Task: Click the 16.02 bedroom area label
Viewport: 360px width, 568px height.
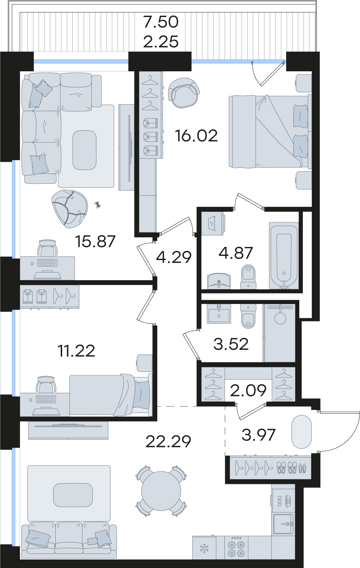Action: tap(196, 136)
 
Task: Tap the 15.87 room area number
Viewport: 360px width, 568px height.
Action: tap(96, 241)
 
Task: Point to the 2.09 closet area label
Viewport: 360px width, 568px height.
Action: tap(248, 391)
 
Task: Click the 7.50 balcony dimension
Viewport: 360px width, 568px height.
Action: tap(161, 22)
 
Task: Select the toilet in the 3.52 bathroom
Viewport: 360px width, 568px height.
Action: tap(248, 316)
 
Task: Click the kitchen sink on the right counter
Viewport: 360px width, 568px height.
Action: tap(283, 523)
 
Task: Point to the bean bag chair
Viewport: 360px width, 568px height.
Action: tap(70, 209)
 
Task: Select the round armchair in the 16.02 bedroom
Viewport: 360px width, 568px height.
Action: tap(184, 92)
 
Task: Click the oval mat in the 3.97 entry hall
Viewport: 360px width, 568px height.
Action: tap(301, 432)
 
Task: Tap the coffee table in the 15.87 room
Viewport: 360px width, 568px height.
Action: tap(84, 150)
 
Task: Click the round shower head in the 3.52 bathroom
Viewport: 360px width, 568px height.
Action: tap(280, 318)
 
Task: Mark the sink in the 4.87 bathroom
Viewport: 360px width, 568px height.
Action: tap(219, 281)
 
